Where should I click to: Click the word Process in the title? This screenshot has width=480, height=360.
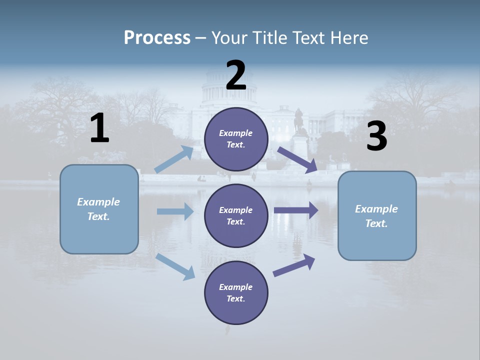tap(157, 37)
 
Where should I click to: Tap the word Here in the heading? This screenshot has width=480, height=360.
tap(348, 37)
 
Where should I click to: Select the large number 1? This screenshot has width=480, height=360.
tap(99, 128)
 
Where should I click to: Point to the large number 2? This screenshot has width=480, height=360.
tap(236, 75)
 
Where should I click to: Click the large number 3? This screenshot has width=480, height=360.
tap(376, 136)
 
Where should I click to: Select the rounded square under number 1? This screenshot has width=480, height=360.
tap(99, 209)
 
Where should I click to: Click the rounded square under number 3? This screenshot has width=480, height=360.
tap(377, 216)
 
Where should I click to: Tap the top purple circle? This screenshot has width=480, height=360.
tap(236, 139)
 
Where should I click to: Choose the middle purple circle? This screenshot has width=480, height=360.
tap(236, 215)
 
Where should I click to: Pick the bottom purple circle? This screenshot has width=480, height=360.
tap(236, 292)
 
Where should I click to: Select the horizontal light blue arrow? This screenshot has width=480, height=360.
tap(175, 211)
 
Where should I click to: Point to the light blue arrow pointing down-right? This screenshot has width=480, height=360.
tap(175, 266)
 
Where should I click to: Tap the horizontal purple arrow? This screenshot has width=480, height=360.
tap(296, 210)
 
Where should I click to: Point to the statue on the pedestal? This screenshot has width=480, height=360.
tap(299, 120)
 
